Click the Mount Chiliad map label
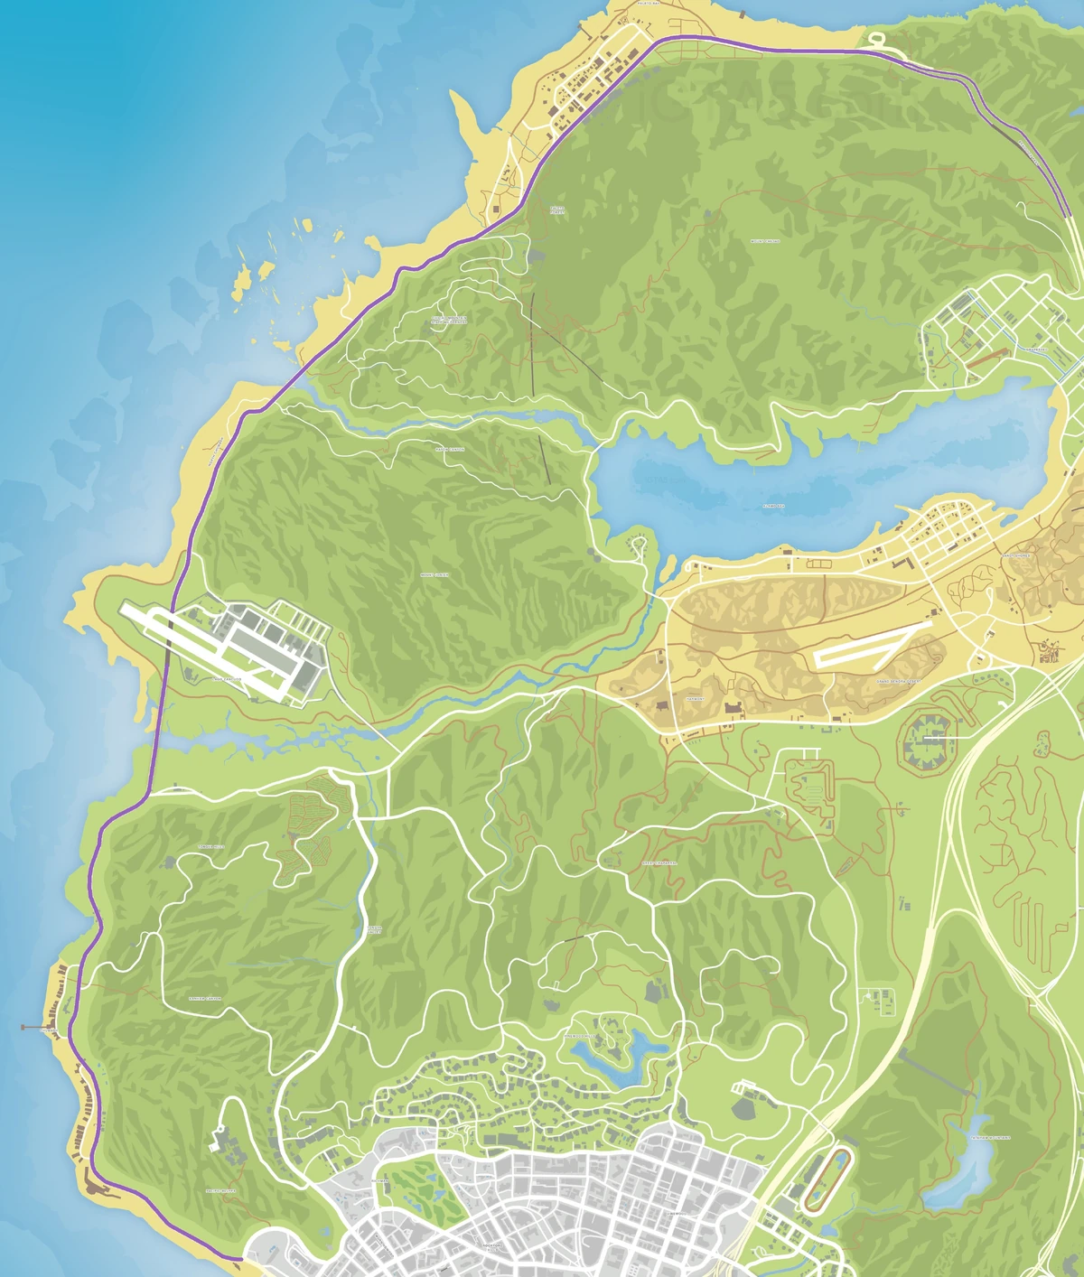tap(765, 241)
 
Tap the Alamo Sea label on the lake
tap(773, 507)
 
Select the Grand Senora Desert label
tap(900, 681)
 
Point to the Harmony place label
tap(695, 698)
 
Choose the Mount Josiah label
tap(435, 574)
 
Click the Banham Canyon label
tap(204, 998)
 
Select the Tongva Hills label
tap(210, 846)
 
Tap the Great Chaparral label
tap(659, 862)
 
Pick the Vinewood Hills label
tap(578, 1035)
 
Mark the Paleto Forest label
tap(557, 210)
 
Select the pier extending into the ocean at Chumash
tap(34, 1027)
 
